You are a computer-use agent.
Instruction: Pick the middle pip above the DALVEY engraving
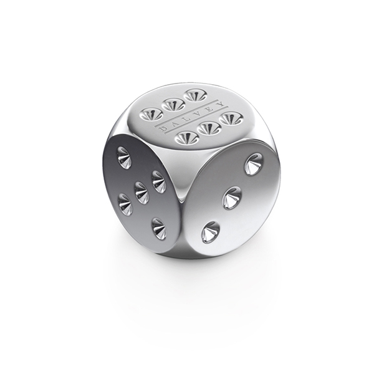click(174, 104)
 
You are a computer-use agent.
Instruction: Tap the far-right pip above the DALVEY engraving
click(196, 95)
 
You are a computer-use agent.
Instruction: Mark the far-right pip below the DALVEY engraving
click(230, 118)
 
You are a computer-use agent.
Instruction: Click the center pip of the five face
click(142, 193)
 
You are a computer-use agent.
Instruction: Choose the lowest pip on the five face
click(159, 228)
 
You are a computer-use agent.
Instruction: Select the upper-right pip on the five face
click(159, 181)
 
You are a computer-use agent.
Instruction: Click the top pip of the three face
click(253, 164)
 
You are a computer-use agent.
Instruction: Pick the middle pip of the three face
click(232, 198)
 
